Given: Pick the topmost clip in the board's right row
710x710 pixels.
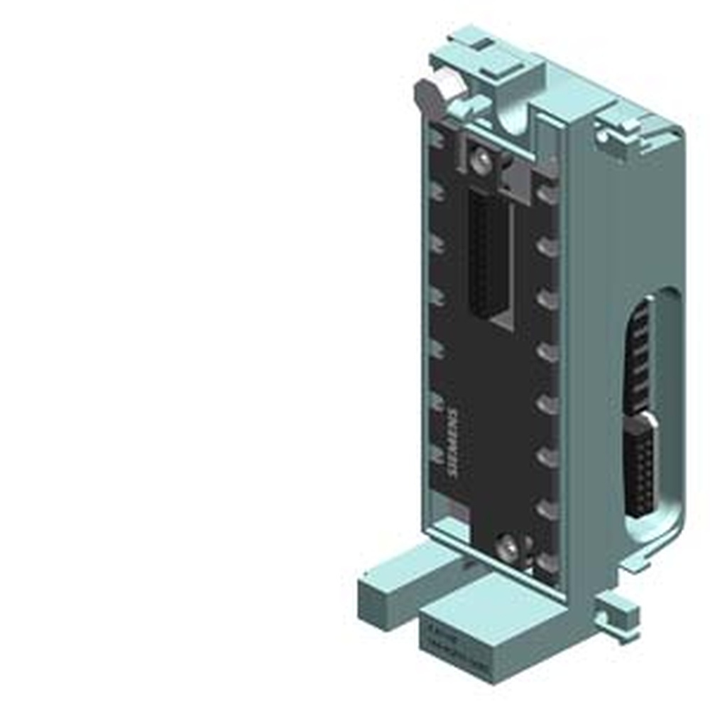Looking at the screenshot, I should click(547, 192).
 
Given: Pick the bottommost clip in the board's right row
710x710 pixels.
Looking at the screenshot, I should click(547, 561).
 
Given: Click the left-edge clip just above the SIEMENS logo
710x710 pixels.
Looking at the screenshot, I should click(435, 404).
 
